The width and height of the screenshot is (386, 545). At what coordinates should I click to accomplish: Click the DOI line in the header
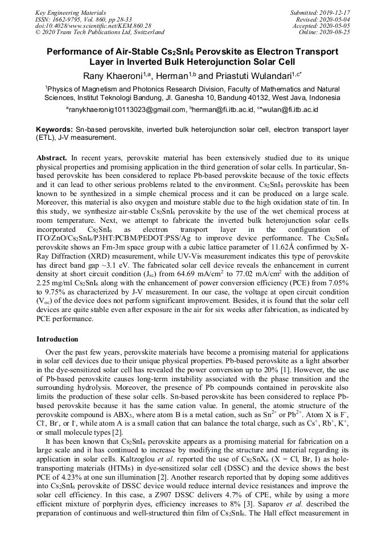93,26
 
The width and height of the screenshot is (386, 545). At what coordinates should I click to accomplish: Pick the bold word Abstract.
52,156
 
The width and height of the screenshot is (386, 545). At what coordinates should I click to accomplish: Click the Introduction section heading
58,339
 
